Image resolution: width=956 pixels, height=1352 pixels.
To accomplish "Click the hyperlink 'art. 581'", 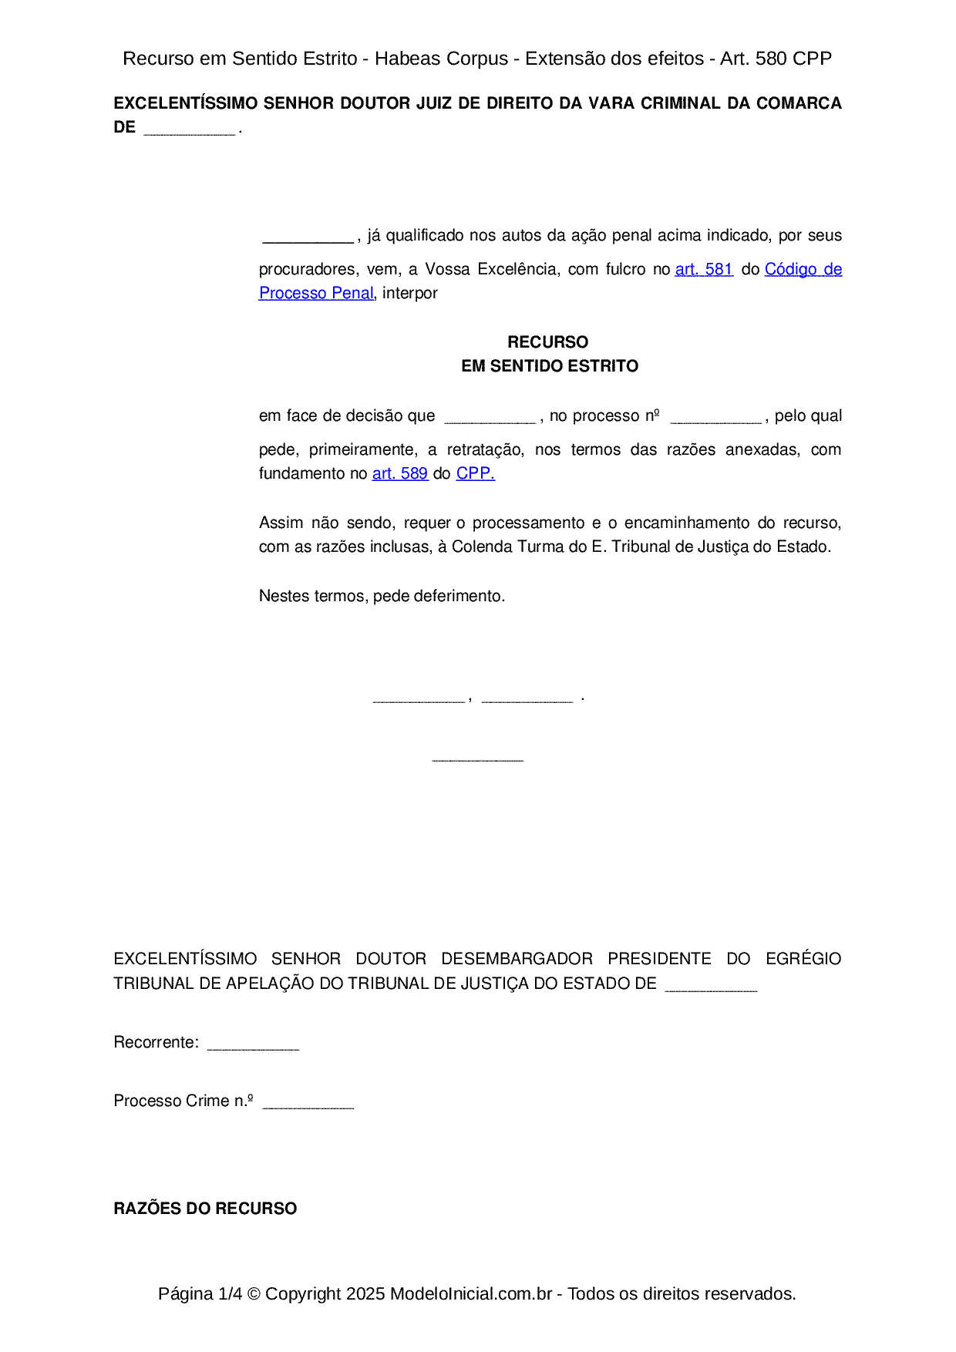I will click(x=703, y=269).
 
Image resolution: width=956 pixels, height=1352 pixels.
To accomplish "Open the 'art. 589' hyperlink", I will click(x=399, y=473).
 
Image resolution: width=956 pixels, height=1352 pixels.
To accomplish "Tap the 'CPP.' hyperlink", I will click(x=475, y=473).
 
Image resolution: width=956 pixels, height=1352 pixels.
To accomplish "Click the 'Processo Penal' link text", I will click(x=316, y=293).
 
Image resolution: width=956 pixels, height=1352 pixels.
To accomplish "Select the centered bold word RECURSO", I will click(x=547, y=342).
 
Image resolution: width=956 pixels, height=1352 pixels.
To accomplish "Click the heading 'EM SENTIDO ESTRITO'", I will click(x=550, y=366).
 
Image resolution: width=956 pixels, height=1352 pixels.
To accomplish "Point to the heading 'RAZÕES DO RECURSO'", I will click(x=205, y=1209).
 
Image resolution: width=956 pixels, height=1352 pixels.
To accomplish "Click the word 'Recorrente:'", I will click(x=156, y=1042).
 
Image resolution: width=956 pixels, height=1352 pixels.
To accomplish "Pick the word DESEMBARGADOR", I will click(x=517, y=959).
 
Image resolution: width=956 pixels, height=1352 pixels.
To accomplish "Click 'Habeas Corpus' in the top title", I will click(x=441, y=59).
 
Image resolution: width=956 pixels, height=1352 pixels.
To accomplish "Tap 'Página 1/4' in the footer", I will click(x=200, y=1293).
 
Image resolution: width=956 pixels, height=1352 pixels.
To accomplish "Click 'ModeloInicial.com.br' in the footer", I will click(x=470, y=1293).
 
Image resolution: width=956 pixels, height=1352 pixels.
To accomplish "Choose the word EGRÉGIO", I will click(x=803, y=959).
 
